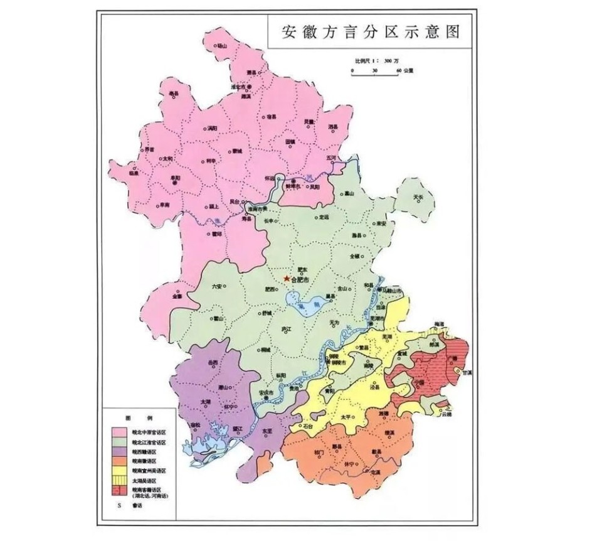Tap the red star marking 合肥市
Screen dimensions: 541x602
(x=287, y=277)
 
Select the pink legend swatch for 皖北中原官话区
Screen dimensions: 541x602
(x=119, y=432)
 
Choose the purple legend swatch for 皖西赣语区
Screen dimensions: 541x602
(x=119, y=451)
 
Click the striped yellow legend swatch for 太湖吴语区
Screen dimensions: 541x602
(x=119, y=479)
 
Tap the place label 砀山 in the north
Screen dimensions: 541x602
(x=220, y=46)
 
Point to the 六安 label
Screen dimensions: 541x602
(x=217, y=286)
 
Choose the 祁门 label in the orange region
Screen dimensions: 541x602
(x=319, y=451)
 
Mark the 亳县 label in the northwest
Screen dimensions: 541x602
(x=174, y=94)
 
